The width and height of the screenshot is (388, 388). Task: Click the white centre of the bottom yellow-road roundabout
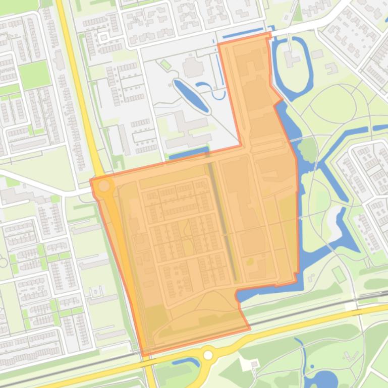208,355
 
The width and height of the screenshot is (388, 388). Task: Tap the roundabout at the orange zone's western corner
104,186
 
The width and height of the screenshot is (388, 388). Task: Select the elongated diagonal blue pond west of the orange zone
191,96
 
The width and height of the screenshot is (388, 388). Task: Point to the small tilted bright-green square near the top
165,64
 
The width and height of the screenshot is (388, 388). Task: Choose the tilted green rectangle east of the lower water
339,275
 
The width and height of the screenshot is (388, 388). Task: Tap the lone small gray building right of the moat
317,54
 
